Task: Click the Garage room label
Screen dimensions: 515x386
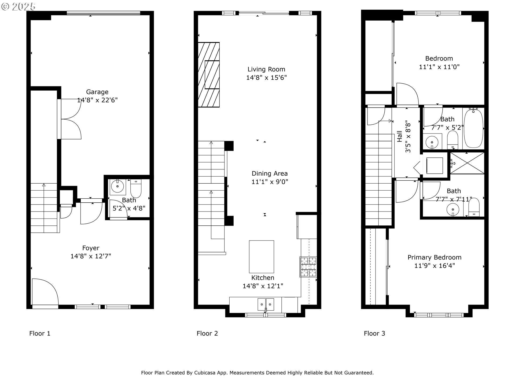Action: coord(97,92)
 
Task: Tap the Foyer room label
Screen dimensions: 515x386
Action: coord(91,248)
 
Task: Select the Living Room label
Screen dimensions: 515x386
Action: coord(266,69)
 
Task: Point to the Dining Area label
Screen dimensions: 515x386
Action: coord(270,173)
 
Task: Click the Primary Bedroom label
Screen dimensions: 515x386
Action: coord(435,257)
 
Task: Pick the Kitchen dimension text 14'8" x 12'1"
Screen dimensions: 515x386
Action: coord(263,286)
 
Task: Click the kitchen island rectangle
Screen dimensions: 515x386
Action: coord(262,257)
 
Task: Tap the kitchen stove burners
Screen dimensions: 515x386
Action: coord(308,267)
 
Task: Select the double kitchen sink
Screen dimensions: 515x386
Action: coord(266,305)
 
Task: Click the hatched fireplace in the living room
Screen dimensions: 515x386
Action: coord(209,75)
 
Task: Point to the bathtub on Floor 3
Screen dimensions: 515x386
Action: coord(473,128)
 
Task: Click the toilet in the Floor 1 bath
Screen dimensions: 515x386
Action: coord(136,188)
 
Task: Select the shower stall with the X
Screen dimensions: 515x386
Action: coord(467,163)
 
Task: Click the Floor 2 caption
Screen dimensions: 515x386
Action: coord(207,333)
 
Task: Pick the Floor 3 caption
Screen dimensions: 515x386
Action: coord(374,333)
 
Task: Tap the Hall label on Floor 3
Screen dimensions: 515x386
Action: coord(400,136)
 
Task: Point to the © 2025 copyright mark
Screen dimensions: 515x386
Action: coord(19,6)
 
